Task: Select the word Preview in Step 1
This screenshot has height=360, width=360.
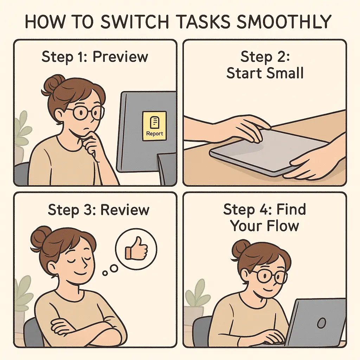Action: pos(121,57)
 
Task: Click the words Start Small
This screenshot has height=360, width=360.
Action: pos(265,73)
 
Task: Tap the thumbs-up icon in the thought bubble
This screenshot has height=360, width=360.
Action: pos(136,250)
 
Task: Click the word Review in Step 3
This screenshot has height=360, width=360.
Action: pos(125,210)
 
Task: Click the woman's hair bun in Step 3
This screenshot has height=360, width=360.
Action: pos(41,237)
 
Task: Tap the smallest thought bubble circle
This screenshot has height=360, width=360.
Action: pos(104,273)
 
